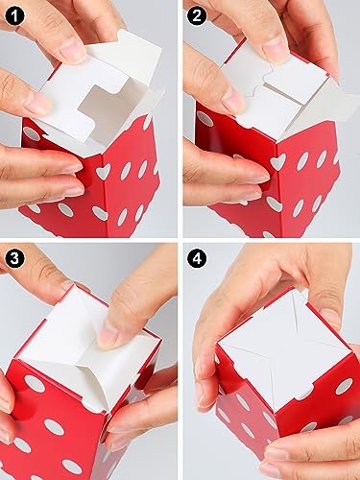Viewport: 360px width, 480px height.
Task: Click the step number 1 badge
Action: coord(16,16)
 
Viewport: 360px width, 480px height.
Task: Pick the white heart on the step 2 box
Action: coord(278,162)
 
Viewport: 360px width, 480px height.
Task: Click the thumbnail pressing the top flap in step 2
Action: coord(276,48)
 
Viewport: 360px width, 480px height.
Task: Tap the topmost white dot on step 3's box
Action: coord(35,385)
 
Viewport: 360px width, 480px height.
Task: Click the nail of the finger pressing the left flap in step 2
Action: coord(232,100)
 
